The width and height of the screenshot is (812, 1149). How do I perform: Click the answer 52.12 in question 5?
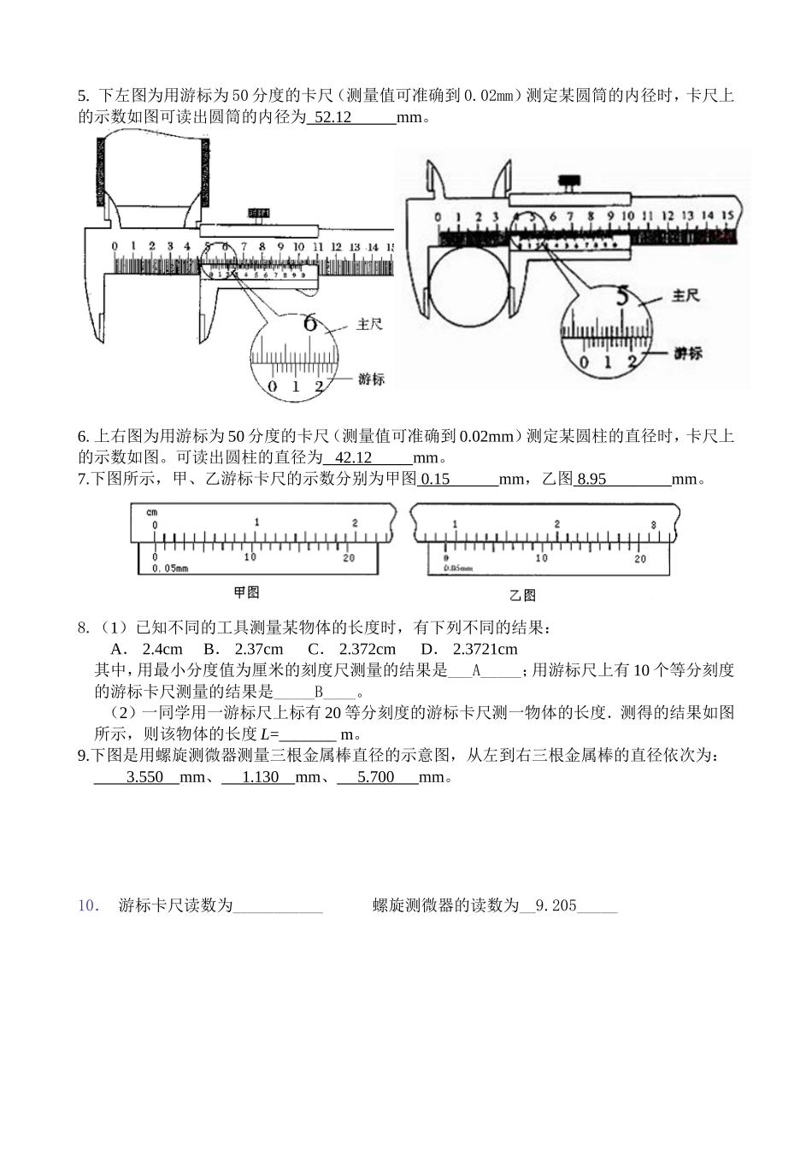coord(333,118)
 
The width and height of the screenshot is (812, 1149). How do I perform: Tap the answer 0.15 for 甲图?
coord(436,480)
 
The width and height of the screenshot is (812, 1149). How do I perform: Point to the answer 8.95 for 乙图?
coord(591,480)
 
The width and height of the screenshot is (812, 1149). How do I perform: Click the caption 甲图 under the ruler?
coord(246,592)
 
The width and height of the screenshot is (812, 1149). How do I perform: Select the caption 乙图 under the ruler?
coord(522,595)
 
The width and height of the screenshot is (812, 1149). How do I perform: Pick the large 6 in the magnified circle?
coord(310,323)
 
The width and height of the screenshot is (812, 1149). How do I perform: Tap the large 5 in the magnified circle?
coord(622,298)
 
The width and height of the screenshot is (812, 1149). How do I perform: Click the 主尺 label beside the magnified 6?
coord(369,325)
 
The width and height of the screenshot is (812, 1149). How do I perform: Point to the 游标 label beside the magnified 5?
coord(688,352)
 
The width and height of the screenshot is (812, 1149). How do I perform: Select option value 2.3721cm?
coord(485,649)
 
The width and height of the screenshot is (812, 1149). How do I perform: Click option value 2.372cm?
coord(367,649)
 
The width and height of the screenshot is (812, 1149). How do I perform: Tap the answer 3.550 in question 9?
coord(144,777)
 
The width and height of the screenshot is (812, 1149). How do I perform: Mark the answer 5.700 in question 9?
coord(375,777)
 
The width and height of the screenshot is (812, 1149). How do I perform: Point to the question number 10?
coord(89,906)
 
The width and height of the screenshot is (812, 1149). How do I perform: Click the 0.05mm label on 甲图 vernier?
coord(170,568)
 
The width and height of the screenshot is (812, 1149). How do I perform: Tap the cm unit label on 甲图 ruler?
coord(151,513)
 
